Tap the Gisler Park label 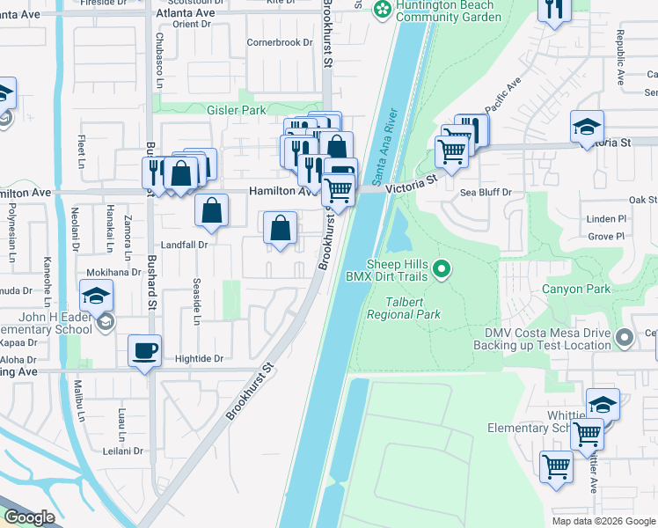click(x=236, y=111)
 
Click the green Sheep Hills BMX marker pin click(x=442, y=268)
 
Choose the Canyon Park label click(x=575, y=288)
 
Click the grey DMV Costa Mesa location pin click(x=625, y=336)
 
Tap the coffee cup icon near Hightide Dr click(x=145, y=350)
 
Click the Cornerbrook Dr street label click(x=280, y=42)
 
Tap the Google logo click(x=29, y=517)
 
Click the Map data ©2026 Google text click(x=603, y=521)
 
